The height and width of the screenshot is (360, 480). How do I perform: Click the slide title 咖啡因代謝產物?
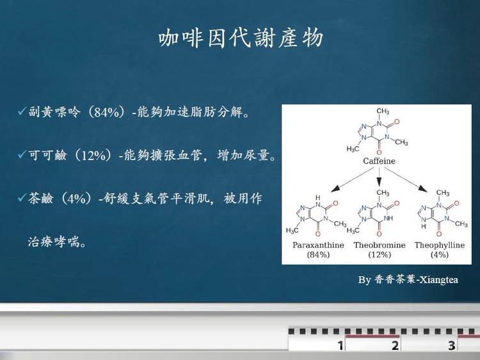point(241,38)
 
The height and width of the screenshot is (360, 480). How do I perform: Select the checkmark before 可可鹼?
point(22,154)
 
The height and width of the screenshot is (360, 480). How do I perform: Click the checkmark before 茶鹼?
point(22,198)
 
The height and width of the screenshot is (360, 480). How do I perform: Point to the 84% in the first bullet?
point(106,112)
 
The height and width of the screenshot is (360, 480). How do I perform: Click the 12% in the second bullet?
point(93,156)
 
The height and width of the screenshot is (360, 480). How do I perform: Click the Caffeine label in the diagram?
point(379,161)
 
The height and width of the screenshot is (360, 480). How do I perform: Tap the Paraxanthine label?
point(318,245)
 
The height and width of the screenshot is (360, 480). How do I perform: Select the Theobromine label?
point(380,245)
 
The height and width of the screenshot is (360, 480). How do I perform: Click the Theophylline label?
point(440,245)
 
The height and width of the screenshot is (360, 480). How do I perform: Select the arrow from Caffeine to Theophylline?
point(406,180)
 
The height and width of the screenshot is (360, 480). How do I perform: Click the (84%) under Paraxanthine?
point(318,254)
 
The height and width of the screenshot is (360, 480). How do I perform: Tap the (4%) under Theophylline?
point(440,254)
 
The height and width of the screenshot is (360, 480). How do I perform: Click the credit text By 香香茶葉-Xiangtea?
point(408,279)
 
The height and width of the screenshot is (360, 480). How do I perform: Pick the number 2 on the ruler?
point(396,345)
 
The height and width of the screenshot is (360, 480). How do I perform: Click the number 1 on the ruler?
point(340,345)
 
